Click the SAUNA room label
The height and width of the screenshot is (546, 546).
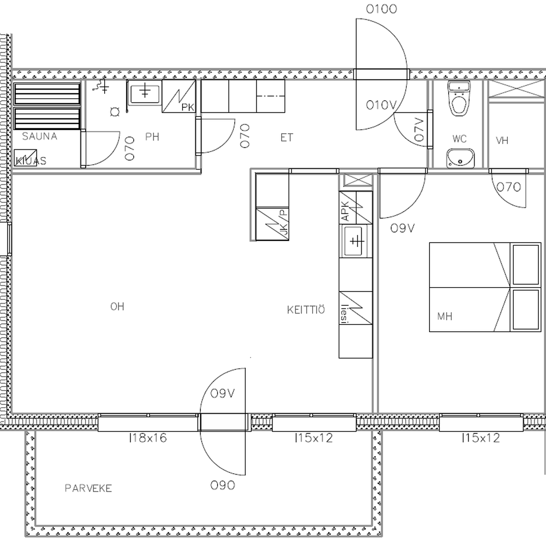tap(40, 136)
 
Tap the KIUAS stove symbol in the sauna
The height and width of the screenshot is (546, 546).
tap(25, 158)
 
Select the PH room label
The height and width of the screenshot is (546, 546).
tap(152, 137)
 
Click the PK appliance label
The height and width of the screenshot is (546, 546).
tap(187, 107)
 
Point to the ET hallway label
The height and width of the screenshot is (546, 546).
tap(287, 138)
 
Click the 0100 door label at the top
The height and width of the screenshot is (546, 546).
tap(381, 10)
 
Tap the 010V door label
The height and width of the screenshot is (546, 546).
tap(381, 105)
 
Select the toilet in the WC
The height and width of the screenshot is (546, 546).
tap(459, 98)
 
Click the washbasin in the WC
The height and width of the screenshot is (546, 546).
tap(460, 158)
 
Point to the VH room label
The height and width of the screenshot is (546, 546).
tap(502, 140)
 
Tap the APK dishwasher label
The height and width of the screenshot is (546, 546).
tap(345, 211)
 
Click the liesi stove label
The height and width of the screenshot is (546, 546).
tap(344, 313)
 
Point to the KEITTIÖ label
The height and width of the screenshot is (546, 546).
tap(306, 310)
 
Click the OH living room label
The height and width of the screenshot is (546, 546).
tap(117, 306)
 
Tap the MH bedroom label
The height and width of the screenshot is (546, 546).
tap(445, 316)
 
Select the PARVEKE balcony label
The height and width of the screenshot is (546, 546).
tap(88, 488)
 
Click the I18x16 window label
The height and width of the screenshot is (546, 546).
tap(147, 438)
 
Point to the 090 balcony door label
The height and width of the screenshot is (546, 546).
tap(222, 485)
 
